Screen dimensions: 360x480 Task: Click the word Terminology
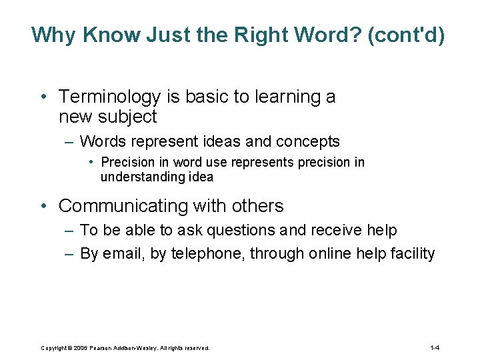tap(110, 97)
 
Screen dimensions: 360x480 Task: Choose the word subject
tap(127, 117)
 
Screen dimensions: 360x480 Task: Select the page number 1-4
tap(435, 348)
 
